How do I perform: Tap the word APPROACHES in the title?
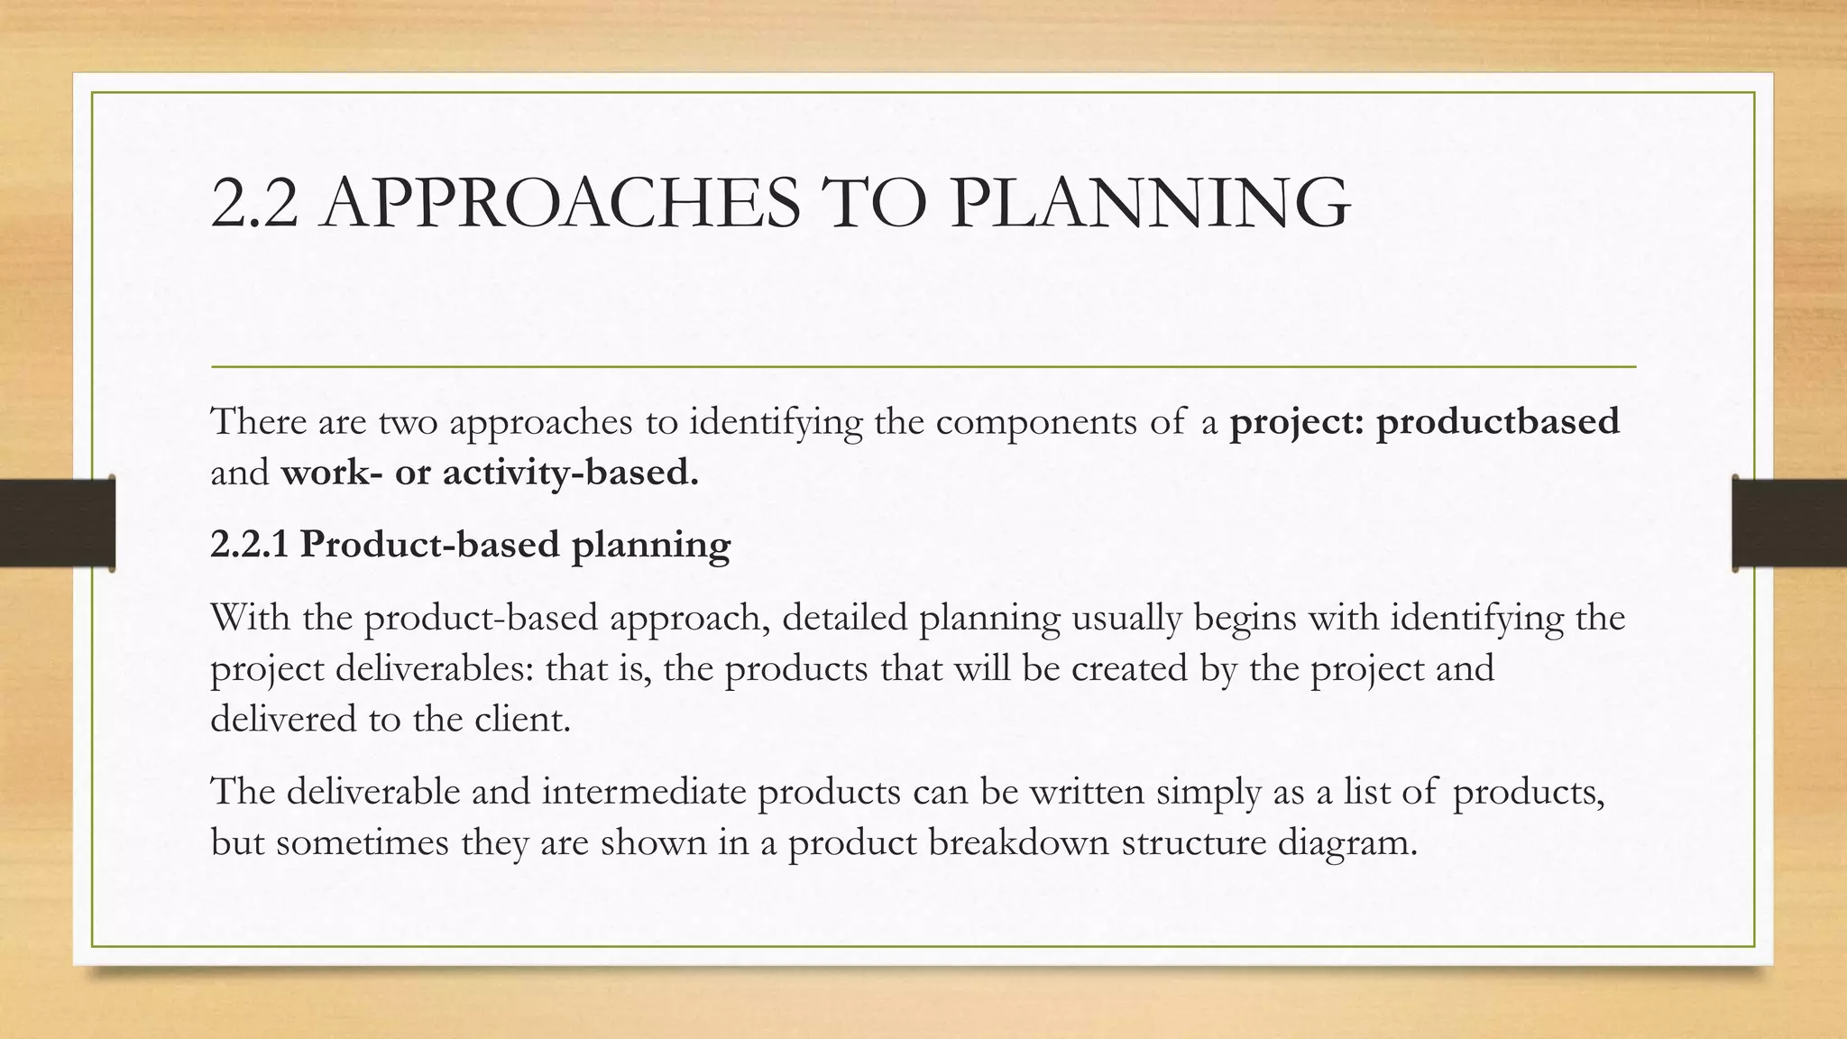click(560, 203)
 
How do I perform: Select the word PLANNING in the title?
click(1150, 203)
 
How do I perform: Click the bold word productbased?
click(1498, 421)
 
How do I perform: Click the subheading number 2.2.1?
click(249, 544)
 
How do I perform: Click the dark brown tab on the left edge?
click(57, 523)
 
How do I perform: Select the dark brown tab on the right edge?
click(1789, 523)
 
